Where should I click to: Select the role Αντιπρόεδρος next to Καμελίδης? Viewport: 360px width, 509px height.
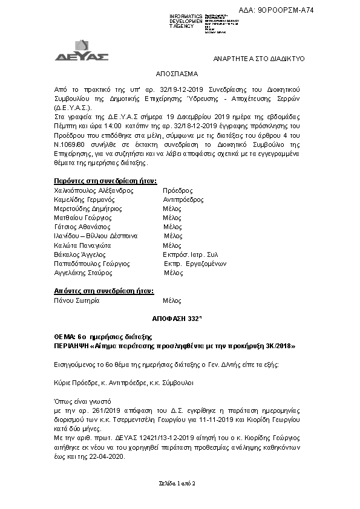(x=183, y=198)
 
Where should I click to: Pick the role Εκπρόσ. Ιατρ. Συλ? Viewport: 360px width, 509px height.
(x=190, y=254)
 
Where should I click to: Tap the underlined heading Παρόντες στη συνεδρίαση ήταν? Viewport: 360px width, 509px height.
(x=105, y=180)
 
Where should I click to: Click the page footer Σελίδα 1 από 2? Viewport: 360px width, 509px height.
(x=180, y=484)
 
